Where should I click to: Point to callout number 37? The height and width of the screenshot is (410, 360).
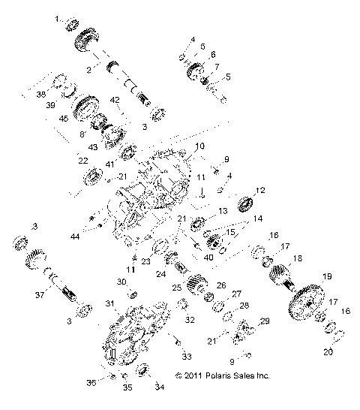tap(40, 273)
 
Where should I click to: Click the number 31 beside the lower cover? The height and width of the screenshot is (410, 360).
tap(109, 303)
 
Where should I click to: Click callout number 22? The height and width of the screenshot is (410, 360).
tap(82, 159)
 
